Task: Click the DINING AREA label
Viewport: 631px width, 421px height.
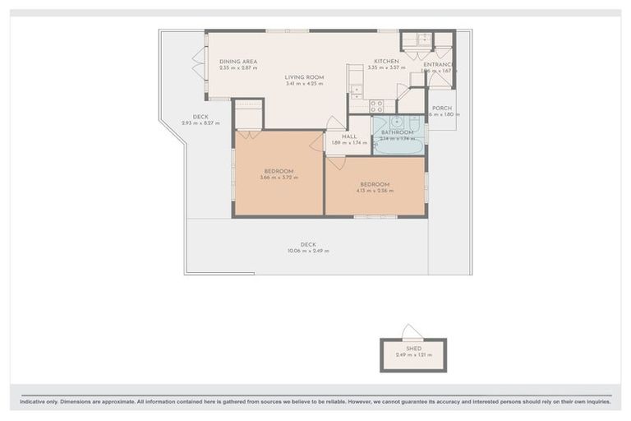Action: point(238,62)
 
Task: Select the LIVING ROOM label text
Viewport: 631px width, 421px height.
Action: point(304,77)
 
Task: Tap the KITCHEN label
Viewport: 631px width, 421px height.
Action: point(386,62)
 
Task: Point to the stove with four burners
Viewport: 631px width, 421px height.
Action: point(375,105)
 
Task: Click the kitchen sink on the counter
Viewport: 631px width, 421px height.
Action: point(356,90)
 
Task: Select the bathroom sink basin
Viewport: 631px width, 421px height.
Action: point(396,122)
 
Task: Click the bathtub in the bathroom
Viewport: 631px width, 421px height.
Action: point(398,149)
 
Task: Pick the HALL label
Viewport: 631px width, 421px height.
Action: point(348,136)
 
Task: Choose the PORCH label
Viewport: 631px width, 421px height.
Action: point(442,108)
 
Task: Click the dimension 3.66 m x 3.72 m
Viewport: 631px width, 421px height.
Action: point(279,178)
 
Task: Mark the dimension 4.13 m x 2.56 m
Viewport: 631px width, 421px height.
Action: point(375,191)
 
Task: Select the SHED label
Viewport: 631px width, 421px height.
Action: point(413,349)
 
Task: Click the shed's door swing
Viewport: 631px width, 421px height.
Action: point(412,332)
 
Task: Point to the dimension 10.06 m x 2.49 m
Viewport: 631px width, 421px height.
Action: point(308,251)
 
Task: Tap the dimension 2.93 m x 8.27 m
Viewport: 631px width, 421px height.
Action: point(200,123)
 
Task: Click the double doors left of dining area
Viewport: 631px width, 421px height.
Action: point(197,64)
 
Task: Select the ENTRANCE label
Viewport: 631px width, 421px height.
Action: point(439,64)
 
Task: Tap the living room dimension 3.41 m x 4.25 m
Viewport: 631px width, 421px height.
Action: point(304,84)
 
